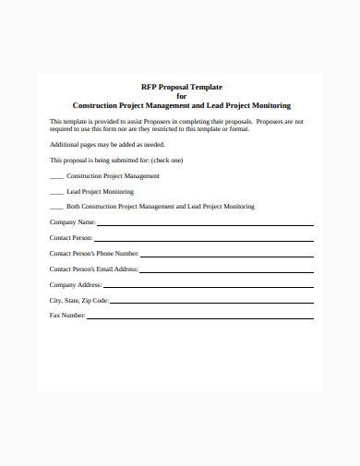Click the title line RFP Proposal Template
pyautogui.click(x=180, y=83)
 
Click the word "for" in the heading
pyautogui.click(x=181, y=94)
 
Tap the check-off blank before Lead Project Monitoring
pyautogui.click(x=56, y=191)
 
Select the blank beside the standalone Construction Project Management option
pyautogui.click(x=56, y=175)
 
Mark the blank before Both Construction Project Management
pyautogui.click(x=56, y=207)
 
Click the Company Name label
pyautogui.click(x=72, y=222)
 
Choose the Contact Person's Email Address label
pyautogui.click(x=93, y=269)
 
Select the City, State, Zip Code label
pyautogui.click(x=78, y=300)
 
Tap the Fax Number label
pyautogui.click(x=67, y=316)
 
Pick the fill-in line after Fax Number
pyautogui.click(x=201, y=317)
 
